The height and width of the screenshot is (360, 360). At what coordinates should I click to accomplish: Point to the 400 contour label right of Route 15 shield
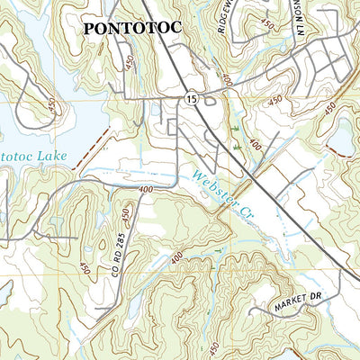coord(225,81)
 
